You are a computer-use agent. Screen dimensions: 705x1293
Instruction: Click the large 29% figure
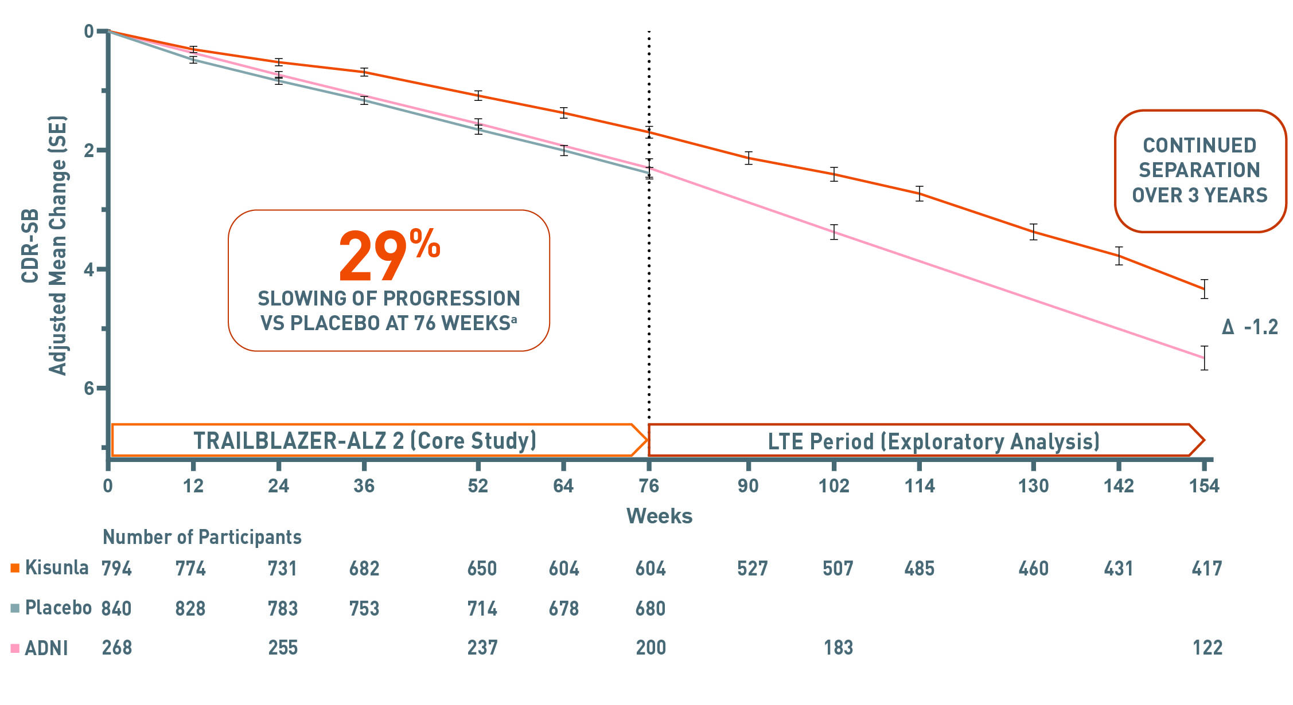point(388,256)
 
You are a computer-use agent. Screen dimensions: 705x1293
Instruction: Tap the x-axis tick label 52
point(477,486)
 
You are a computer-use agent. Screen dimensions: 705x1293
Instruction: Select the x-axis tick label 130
point(1033,486)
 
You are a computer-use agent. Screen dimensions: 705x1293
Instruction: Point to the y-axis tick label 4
point(89,269)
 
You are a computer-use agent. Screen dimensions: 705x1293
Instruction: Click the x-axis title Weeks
point(659,516)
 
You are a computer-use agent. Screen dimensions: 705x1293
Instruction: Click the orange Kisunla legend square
point(15,568)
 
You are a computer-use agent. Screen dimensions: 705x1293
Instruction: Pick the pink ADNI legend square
point(15,648)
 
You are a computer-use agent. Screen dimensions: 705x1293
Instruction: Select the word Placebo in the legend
point(58,608)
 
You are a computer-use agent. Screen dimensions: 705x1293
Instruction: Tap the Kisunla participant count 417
point(1207,569)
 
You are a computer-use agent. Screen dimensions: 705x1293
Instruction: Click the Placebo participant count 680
point(650,608)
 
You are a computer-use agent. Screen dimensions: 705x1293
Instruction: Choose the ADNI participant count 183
point(838,648)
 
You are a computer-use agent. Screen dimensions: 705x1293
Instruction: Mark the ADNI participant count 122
point(1207,648)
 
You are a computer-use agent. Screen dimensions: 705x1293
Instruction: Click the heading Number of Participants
point(202,537)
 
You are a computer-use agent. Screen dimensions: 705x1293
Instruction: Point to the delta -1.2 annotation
point(1250,327)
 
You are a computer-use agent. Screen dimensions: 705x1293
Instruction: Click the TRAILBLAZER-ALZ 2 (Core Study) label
point(365,441)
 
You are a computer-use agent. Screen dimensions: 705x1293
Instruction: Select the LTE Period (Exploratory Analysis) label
point(933,441)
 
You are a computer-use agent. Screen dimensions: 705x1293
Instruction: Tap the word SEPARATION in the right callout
point(1199,170)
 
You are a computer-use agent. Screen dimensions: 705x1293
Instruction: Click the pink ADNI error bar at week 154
point(1204,358)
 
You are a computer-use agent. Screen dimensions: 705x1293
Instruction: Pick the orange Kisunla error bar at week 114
point(920,194)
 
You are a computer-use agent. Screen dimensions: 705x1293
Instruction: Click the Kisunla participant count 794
point(116,569)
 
